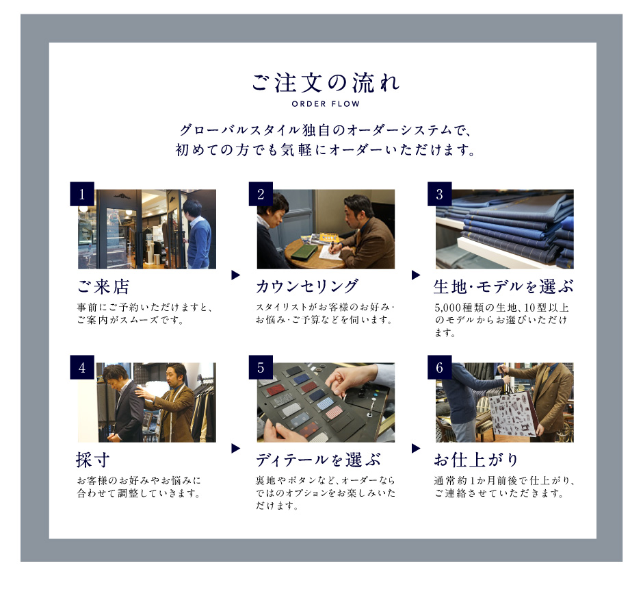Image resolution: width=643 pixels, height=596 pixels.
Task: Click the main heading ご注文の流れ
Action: click(x=325, y=83)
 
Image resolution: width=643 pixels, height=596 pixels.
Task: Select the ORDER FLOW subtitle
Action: click(x=326, y=104)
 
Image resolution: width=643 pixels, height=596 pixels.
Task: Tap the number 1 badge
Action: click(x=82, y=194)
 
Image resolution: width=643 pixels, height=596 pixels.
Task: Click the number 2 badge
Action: click(x=261, y=194)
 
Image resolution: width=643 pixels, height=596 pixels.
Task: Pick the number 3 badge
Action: click(x=440, y=194)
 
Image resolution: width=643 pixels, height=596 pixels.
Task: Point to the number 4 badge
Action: click(x=82, y=367)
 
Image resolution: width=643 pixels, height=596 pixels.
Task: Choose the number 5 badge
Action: click(x=261, y=367)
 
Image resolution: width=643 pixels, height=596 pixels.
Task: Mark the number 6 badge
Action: click(x=440, y=367)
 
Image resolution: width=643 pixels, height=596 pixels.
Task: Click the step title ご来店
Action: click(x=103, y=287)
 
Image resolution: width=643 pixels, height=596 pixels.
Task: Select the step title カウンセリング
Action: click(x=307, y=286)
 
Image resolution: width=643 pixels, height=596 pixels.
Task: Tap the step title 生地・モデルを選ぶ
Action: click(x=503, y=287)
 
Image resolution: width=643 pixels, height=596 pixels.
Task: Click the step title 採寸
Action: click(x=92, y=460)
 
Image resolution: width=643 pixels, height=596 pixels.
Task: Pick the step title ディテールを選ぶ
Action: click(x=318, y=460)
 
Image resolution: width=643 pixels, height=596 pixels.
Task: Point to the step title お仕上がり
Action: click(x=476, y=460)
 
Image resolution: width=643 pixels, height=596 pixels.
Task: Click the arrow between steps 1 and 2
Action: click(x=235, y=275)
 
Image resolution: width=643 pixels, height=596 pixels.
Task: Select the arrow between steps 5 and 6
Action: click(x=416, y=448)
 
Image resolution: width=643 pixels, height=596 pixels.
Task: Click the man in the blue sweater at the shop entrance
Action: click(x=198, y=234)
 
